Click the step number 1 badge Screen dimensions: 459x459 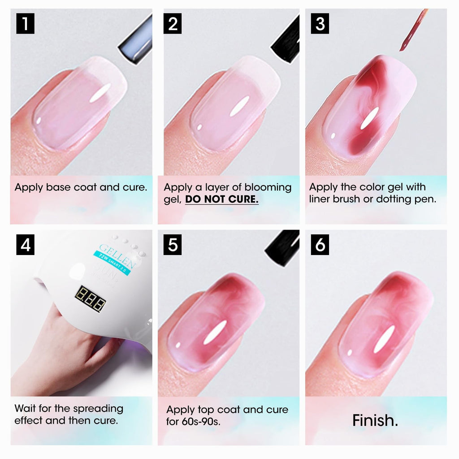(25, 24)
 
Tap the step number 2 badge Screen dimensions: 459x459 (173, 24)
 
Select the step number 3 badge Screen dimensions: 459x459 (320, 24)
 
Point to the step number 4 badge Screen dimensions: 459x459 (25, 246)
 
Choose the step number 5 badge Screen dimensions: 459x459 (173, 246)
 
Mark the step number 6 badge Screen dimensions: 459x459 (320, 246)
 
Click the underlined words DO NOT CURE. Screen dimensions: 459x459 (222, 199)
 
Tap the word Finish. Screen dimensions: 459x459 (375, 420)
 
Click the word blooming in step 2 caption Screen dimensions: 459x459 (268, 187)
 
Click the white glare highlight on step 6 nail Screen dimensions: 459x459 (384, 338)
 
